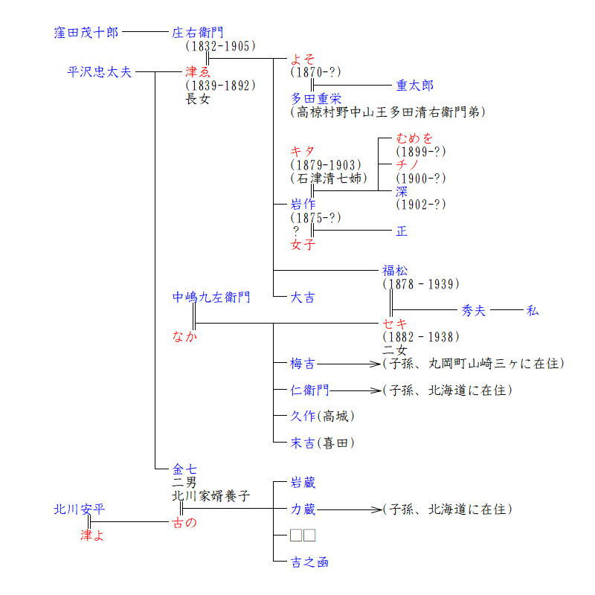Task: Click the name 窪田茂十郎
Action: [x=86, y=33]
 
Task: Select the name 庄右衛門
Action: [x=198, y=33]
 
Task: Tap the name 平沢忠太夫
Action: [x=100, y=72]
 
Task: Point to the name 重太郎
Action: [x=415, y=86]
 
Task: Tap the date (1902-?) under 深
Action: [x=420, y=205]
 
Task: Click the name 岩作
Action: [x=303, y=204]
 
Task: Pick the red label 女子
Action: [x=303, y=245]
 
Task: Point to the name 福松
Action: [x=395, y=271]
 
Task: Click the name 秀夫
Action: [x=473, y=311]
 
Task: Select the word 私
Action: [x=533, y=311]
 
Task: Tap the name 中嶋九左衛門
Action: [x=211, y=297]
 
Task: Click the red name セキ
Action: [x=395, y=324]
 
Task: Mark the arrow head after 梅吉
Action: [x=376, y=364]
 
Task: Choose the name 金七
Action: [x=184, y=469]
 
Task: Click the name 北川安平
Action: [x=79, y=509]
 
